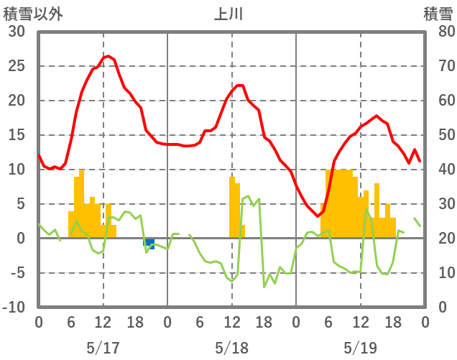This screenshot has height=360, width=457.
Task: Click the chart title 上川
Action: (x=229, y=13)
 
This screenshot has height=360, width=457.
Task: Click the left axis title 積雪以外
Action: (x=28, y=13)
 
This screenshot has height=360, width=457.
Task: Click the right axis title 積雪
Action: (x=438, y=13)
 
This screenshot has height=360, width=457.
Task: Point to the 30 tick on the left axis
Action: (x=17, y=32)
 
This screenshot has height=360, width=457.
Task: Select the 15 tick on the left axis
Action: (x=17, y=135)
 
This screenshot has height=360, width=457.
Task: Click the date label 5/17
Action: (x=103, y=328)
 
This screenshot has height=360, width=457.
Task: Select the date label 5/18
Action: (x=231, y=328)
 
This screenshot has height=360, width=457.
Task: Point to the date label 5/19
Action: (x=360, y=328)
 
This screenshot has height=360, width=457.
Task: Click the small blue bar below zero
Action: (x=149, y=244)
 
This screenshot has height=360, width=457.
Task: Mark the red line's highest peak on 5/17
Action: (x=108, y=56)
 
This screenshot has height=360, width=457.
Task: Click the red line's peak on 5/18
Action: (x=239, y=86)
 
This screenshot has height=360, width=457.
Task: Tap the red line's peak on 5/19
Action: (x=377, y=116)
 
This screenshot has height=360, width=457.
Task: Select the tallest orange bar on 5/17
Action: (x=82, y=204)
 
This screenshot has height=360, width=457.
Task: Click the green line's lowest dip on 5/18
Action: (x=264, y=287)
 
